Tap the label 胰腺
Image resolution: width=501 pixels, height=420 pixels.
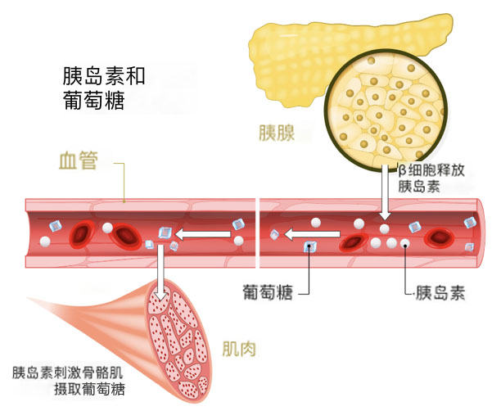point(276,133)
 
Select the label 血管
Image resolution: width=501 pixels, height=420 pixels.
point(79,160)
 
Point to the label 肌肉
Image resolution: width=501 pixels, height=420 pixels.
point(240,350)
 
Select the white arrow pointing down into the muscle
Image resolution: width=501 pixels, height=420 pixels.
point(161,274)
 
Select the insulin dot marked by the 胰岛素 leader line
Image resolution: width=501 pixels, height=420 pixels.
point(404,244)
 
